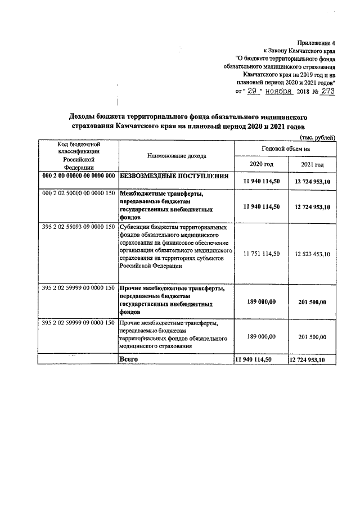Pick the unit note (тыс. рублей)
click(x=318, y=137)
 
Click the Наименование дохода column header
click(x=176, y=155)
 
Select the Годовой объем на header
click(x=286, y=148)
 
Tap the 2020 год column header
click(x=260, y=164)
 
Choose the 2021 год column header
click(x=312, y=164)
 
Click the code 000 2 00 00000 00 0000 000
click(x=78, y=176)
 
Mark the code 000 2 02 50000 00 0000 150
click(x=78, y=193)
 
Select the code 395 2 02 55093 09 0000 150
click(x=78, y=227)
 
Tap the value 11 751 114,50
click(x=261, y=254)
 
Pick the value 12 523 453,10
click(x=312, y=254)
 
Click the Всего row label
click(x=129, y=359)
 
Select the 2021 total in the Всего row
click(x=312, y=359)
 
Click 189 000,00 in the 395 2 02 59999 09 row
click(x=261, y=336)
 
